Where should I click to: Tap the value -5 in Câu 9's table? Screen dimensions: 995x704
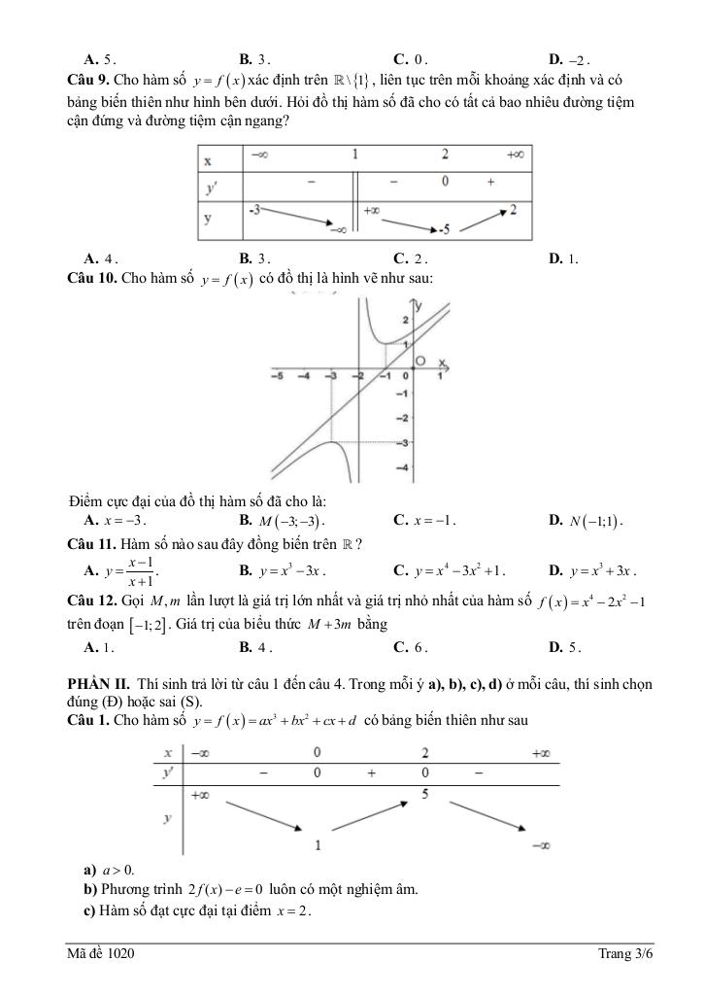(444, 229)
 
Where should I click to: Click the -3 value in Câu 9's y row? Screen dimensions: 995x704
(254, 209)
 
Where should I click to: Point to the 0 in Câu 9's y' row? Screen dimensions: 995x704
(444, 182)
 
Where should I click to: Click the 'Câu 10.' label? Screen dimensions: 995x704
(94, 279)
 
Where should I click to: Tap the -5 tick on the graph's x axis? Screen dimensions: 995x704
(277, 376)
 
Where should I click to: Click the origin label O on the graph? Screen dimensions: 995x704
(420, 361)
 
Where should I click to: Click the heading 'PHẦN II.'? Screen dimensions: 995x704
(98, 685)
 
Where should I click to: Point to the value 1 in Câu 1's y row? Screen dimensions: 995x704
(318, 844)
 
